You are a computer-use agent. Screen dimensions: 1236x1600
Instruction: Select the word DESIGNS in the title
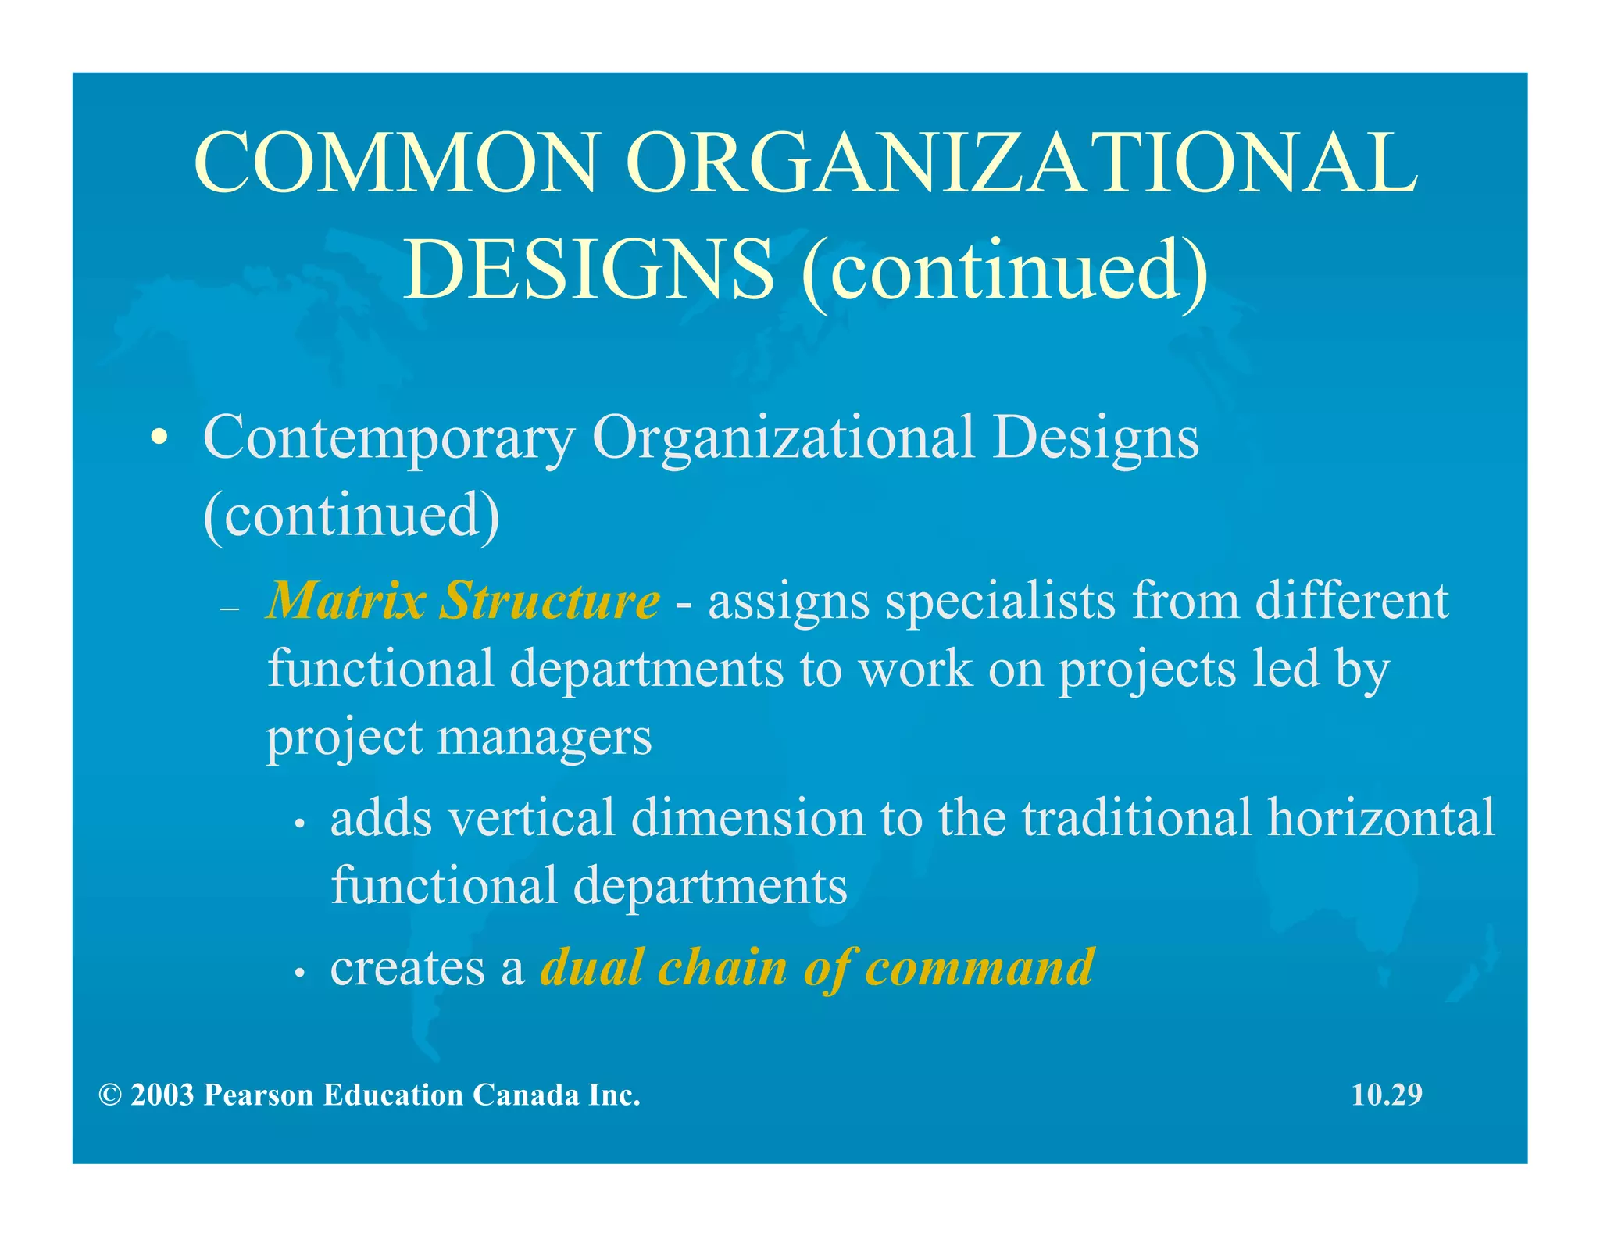pos(587,270)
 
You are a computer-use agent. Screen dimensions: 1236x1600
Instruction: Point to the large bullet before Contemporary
pos(159,438)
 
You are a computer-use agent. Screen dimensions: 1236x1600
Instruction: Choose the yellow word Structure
pos(549,601)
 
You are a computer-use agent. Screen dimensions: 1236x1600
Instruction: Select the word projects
pos(1148,670)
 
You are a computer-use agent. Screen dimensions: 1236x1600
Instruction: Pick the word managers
pos(544,738)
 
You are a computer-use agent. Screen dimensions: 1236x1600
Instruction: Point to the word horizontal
pos(1381,817)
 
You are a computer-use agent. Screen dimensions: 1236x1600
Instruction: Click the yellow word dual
pos(591,967)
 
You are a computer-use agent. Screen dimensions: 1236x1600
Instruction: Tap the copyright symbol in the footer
pos(110,1095)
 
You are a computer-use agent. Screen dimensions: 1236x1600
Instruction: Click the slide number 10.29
pos(1387,1095)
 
